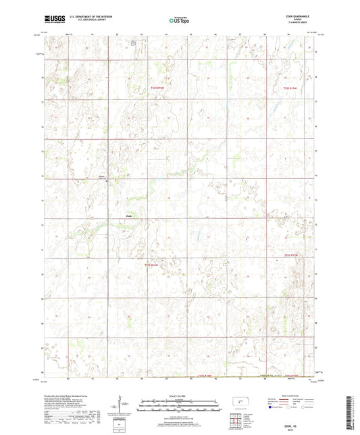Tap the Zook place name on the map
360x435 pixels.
130,216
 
